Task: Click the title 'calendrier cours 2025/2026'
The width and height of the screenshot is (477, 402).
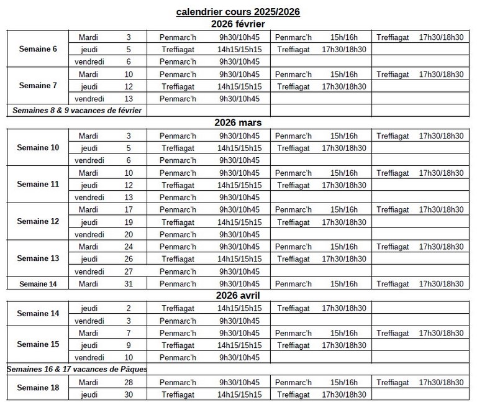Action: click(238, 12)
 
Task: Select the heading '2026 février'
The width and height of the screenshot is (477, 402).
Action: click(238, 24)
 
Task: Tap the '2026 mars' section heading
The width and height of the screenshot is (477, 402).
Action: click(238, 123)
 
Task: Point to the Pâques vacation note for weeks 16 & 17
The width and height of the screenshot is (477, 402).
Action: click(78, 369)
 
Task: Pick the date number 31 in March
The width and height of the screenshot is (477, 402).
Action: click(129, 283)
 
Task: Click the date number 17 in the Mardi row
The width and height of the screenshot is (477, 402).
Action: click(129, 209)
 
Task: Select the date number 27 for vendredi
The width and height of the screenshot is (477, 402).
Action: click(129, 271)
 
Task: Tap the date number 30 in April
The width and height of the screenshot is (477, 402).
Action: click(129, 394)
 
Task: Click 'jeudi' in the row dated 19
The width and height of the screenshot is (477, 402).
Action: click(89, 222)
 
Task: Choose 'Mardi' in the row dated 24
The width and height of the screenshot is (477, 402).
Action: click(89, 246)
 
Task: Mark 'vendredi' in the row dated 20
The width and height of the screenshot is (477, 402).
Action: click(89, 234)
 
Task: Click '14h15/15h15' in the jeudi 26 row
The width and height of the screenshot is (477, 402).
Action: click(239, 258)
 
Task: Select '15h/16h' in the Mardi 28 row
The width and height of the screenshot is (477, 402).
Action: click(344, 382)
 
